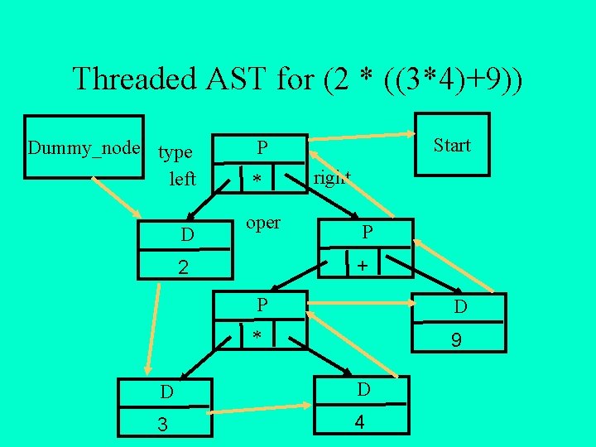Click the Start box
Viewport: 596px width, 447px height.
451,146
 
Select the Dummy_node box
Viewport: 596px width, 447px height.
83,147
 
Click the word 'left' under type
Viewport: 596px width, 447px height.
182,178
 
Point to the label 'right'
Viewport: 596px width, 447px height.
332,178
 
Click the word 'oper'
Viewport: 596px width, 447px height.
264,223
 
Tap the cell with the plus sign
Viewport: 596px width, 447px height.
361,267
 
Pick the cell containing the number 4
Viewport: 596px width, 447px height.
360,422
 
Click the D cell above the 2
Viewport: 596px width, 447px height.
188,235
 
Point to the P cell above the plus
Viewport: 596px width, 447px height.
365,233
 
